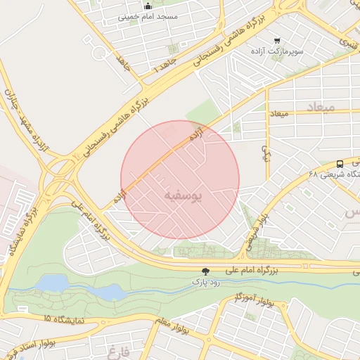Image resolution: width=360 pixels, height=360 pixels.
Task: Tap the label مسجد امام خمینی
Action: [x=147, y=16]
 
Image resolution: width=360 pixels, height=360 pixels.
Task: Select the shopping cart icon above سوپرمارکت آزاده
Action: [x=278, y=40]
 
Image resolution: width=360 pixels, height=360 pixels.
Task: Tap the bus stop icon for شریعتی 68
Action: [x=340, y=161]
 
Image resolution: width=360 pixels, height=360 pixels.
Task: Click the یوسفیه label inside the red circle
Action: [x=181, y=195]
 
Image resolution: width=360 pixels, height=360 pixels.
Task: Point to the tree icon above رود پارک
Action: [x=205, y=271]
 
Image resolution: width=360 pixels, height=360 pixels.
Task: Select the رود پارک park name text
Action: [x=205, y=282]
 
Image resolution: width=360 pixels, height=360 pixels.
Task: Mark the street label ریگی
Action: [x=266, y=151]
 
